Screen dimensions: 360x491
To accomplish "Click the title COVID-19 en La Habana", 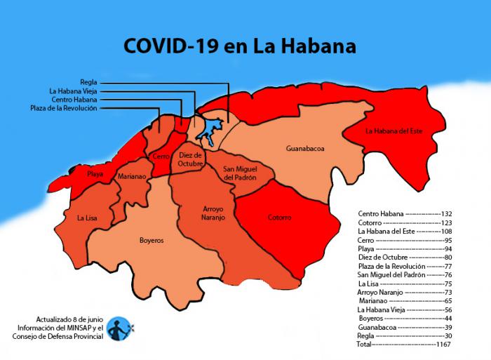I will point(239,46).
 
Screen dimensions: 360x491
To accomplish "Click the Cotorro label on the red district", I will point(279,218).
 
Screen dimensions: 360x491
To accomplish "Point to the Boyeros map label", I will point(151,240).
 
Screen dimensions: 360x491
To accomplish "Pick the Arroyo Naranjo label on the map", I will point(203,213).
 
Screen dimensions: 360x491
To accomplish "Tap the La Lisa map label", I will point(87,218).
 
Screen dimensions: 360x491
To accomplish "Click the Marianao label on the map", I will point(132,177).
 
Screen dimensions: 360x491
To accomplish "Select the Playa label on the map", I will point(95,173).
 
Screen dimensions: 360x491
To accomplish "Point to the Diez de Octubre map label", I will point(190,159).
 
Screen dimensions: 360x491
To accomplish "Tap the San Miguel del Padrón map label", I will point(240,173).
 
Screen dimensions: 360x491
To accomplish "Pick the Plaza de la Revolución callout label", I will point(64,108).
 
